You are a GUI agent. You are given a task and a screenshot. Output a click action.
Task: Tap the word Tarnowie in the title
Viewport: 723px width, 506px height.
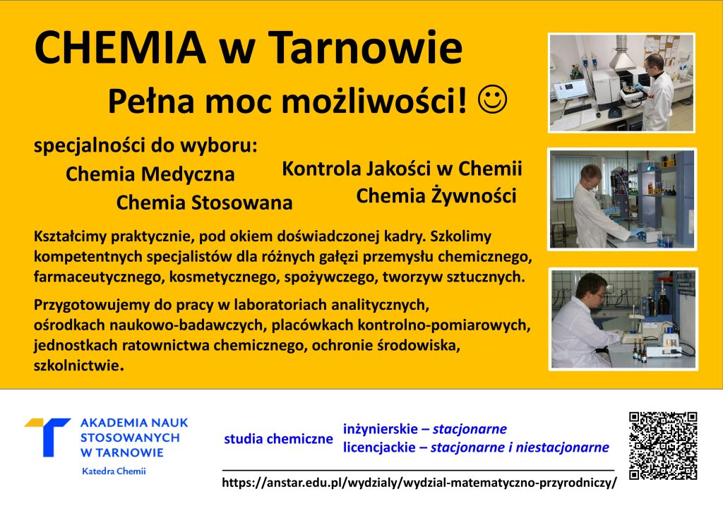tap(365, 47)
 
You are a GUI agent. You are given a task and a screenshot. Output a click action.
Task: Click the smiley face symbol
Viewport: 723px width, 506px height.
tap(492, 99)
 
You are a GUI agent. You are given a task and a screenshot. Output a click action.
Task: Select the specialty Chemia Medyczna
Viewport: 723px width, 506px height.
tap(150, 174)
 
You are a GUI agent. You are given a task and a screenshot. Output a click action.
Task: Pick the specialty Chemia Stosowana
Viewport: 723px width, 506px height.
tap(204, 203)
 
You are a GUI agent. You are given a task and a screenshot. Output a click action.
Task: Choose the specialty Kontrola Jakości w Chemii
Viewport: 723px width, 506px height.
tap(402, 169)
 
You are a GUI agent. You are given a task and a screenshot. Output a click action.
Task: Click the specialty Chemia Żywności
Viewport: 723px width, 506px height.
tap(436, 196)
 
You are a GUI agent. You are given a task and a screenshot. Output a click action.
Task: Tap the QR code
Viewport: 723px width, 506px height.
tap(663, 445)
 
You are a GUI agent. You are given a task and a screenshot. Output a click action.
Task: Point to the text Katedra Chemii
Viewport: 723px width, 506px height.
tap(114, 471)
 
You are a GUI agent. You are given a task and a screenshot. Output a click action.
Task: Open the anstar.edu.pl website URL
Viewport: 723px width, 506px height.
tap(419, 483)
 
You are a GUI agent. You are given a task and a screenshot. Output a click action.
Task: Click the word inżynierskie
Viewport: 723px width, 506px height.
tap(381, 429)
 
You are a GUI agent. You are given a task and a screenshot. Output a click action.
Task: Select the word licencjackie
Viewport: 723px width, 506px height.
tap(379, 447)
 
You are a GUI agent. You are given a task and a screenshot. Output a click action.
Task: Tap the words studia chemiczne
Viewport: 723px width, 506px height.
tap(278, 439)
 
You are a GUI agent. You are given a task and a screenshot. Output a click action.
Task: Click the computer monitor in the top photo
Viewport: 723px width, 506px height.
tap(570, 90)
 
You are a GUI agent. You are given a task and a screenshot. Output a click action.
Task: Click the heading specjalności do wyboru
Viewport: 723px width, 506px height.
tap(145, 146)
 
